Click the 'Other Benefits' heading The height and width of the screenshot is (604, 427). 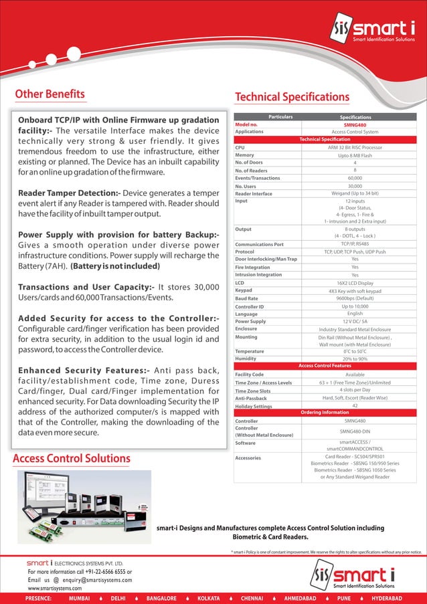[x=50, y=94]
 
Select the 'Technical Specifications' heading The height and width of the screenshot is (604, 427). [x=292, y=97]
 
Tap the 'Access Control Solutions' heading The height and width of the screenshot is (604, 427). [x=72, y=458]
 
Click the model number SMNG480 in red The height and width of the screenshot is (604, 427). [x=355, y=124]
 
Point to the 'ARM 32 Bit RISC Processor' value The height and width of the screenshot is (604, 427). [x=355, y=147]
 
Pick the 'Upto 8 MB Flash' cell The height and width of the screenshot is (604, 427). [x=355, y=155]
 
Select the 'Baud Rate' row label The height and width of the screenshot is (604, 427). [x=248, y=298]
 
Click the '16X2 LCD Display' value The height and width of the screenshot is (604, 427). [x=355, y=283]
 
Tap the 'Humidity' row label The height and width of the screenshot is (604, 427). [x=247, y=359]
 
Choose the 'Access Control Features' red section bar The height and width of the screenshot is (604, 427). [x=324, y=366]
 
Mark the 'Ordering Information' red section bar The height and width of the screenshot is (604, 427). [x=324, y=413]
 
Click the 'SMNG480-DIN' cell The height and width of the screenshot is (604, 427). [x=355, y=431]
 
